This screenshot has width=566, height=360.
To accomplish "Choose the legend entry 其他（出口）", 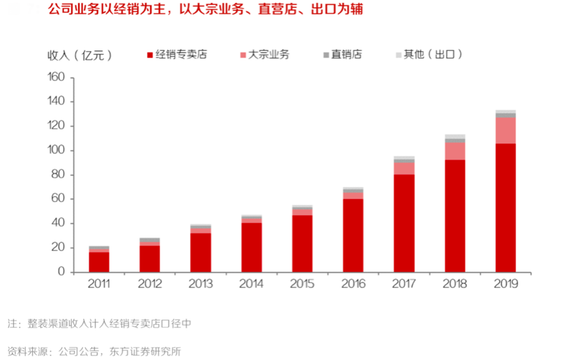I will click(433, 55).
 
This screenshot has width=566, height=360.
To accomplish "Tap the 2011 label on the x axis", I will click(99, 284).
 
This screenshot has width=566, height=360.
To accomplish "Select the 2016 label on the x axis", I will click(353, 284).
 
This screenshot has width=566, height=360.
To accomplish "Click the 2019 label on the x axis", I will click(505, 284).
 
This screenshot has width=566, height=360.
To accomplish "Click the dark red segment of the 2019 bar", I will click(505, 207).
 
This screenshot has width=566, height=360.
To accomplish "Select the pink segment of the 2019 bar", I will click(505, 130).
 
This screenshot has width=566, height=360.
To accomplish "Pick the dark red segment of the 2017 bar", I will click(404, 223).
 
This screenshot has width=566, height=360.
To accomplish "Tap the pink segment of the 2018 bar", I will click(455, 151).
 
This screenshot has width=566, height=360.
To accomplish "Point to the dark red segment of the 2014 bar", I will click(252, 247).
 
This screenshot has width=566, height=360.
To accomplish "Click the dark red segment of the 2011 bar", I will click(99, 262).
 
